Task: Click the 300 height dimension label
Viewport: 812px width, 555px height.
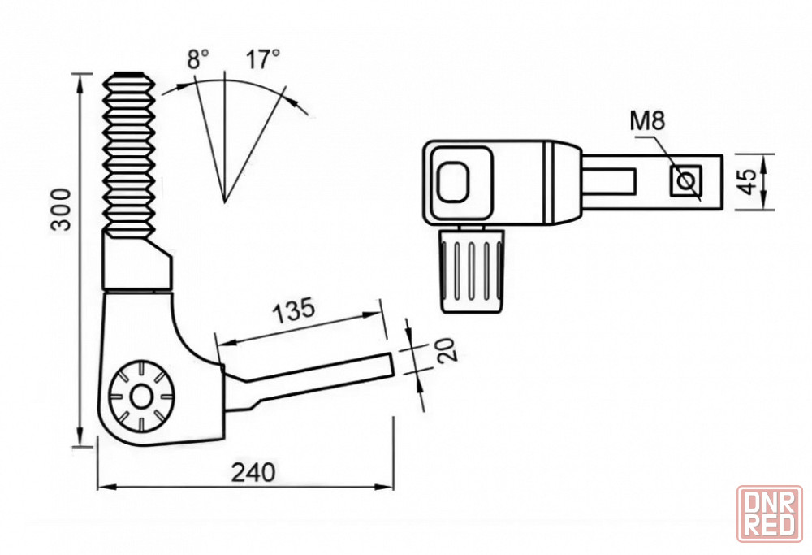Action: pyautogui.click(x=61, y=210)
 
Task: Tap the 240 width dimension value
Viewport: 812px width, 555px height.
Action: pyautogui.click(x=253, y=472)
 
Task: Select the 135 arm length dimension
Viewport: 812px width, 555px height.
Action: pyautogui.click(x=294, y=310)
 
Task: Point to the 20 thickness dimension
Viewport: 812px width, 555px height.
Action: pyautogui.click(x=446, y=349)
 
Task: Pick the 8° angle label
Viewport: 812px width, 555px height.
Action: pyautogui.click(x=198, y=59)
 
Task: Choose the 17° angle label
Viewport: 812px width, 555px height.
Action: pyautogui.click(x=262, y=59)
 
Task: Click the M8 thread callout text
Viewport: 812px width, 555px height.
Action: pyautogui.click(x=647, y=121)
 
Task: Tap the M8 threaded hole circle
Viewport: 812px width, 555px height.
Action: pyautogui.click(x=687, y=181)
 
